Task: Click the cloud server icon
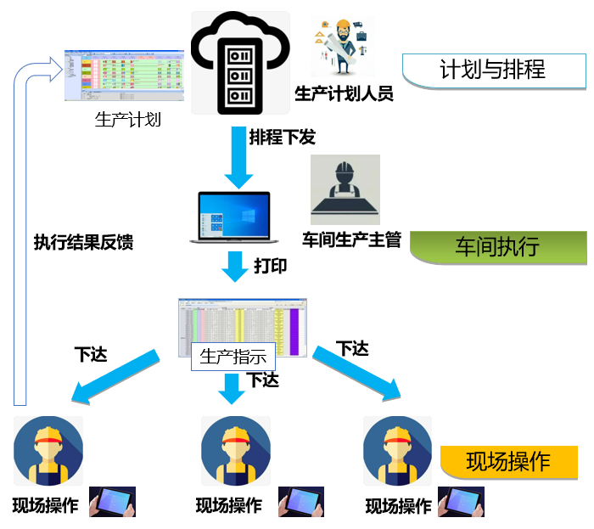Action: (240, 61)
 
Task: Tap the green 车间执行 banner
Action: (497, 247)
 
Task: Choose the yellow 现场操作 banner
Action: (508, 461)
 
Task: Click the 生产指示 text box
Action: (233, 356)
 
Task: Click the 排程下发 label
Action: (283, 136)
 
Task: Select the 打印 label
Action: (271, 266)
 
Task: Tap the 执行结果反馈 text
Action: (83, 242)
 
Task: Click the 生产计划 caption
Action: (127, 119)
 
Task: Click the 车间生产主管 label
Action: (351, 240)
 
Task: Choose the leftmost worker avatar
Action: (48, 451)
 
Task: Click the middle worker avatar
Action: (235, 451)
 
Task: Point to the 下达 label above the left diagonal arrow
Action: (92, 354)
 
